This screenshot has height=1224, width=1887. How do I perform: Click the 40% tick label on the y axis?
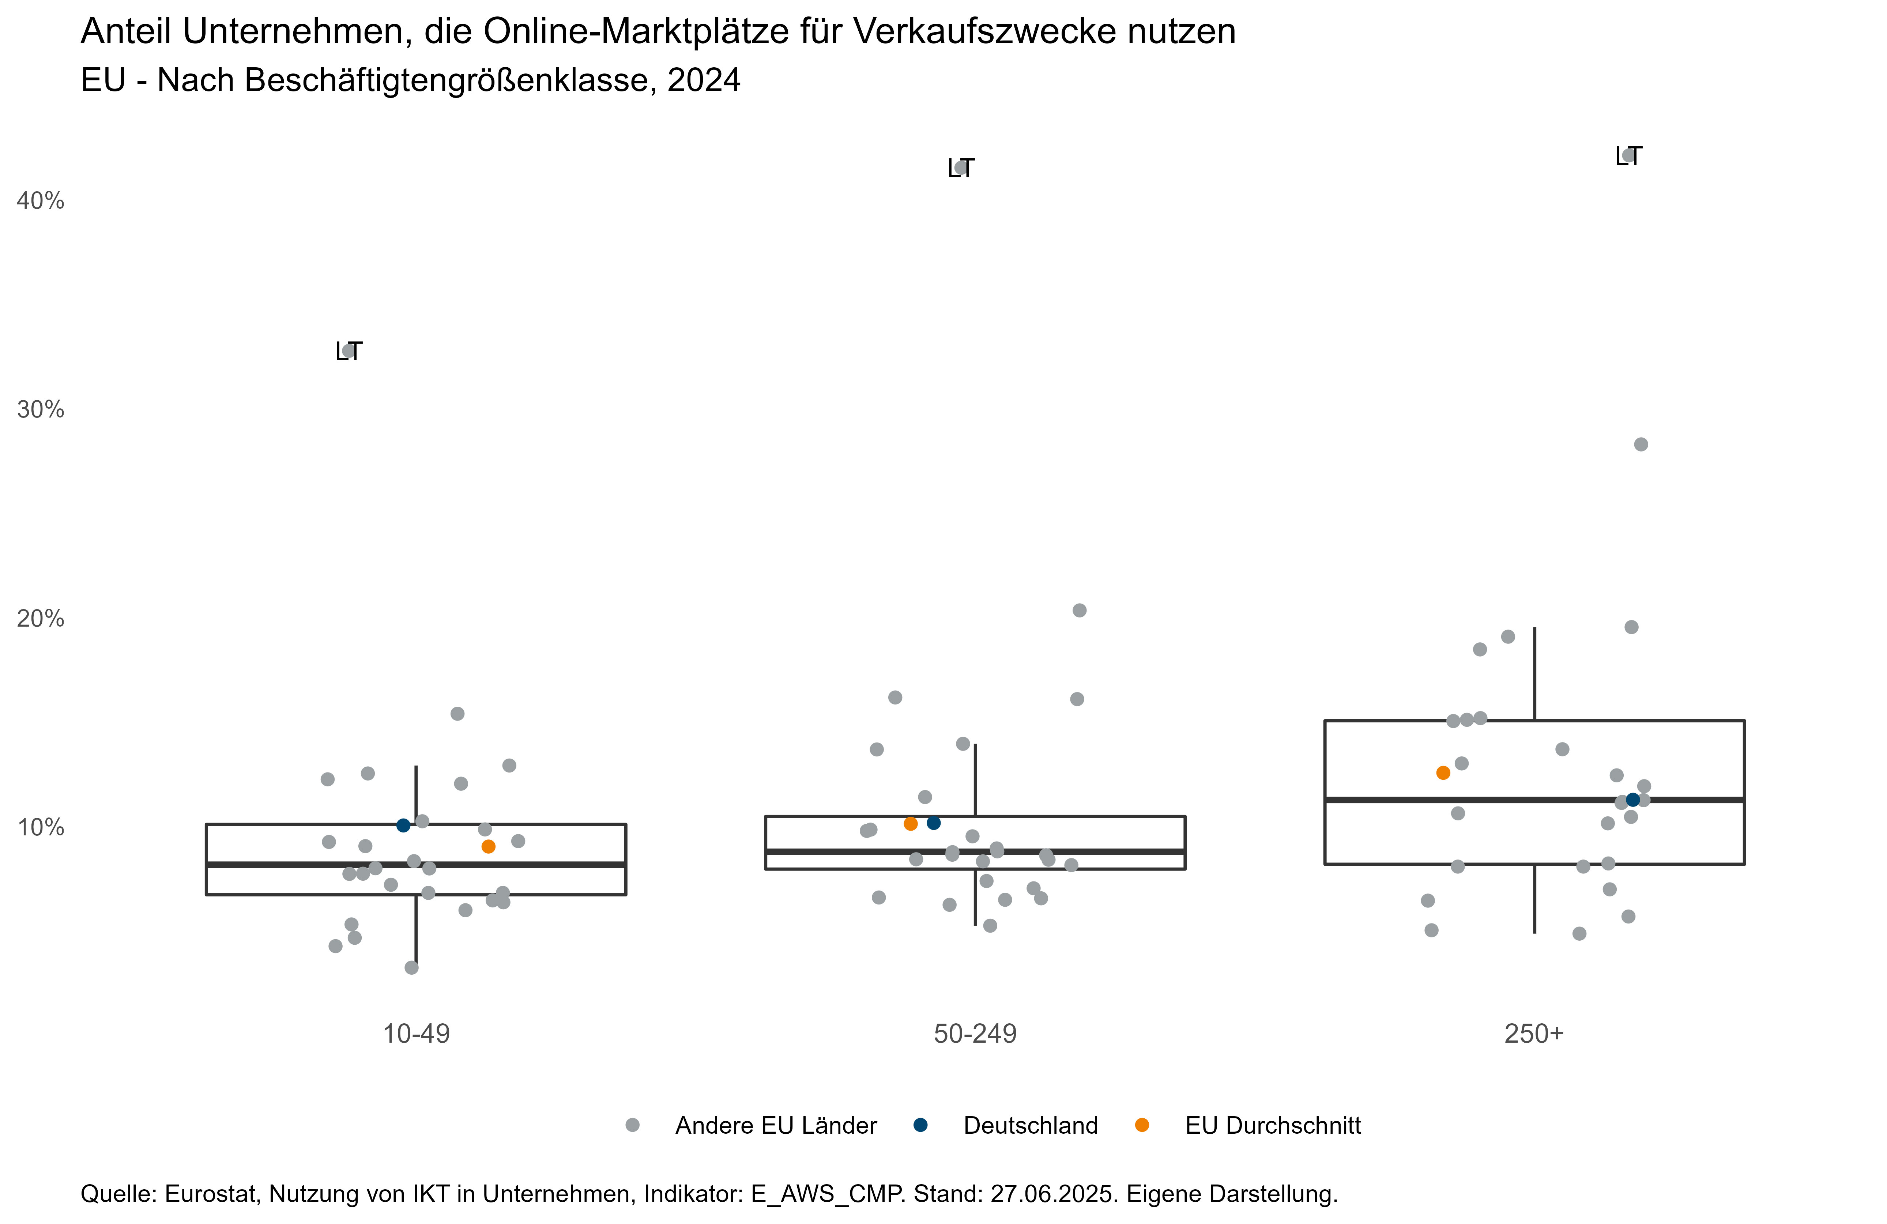coord(41,201)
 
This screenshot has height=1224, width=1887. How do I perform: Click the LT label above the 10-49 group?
coord(349,351)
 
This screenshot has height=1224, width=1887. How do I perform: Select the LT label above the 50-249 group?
coord(961,168)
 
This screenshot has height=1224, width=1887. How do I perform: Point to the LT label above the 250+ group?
coord(1628,156)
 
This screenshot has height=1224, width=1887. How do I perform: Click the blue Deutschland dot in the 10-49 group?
coord(404,825)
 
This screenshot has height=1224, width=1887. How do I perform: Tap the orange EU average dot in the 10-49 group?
coord(489,847)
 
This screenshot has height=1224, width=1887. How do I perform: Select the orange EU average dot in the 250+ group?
coord(1443,773)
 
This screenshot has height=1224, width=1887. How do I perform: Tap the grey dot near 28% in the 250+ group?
coord(1641,445)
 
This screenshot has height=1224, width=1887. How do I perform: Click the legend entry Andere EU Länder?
coord(775,1126)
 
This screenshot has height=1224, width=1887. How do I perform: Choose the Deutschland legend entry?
coord(1030,1126)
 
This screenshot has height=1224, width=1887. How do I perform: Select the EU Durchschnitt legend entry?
coord(1273,1126)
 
